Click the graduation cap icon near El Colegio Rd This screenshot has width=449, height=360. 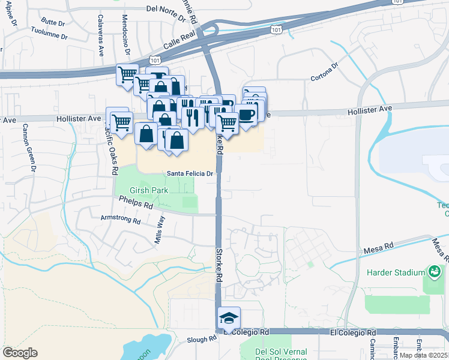pyautogui.click(x=229, y=317)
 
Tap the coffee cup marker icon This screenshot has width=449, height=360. pyautogui.click(x=246, y=114)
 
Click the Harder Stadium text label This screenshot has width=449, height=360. pyautogui.click(x=396, y=272)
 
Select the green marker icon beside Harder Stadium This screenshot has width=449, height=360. pyautogui.click(x=433, y=272)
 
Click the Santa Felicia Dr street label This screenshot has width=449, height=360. pyautogui.click(x=190, y=174)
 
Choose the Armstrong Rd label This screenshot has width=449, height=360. pyautogui.click(x=120, y=220)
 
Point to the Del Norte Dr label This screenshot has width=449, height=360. pyautogui.click(x=167, y=10)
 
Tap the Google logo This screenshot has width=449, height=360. pyautogui.click(x=20, y=352)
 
